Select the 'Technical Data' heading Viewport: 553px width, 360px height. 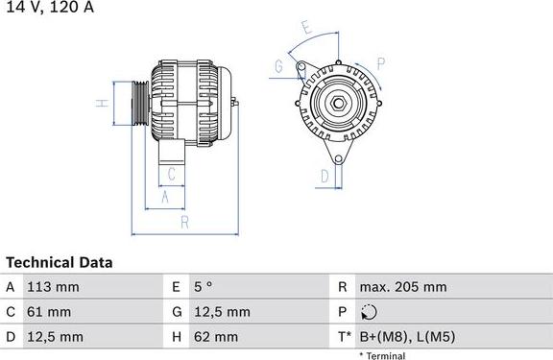tap(60, 262)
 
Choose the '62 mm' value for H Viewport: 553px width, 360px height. tap(219, 337)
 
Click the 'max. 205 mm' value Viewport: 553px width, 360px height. tap(402, 287)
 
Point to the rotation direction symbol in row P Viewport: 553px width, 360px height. tap(370, 312)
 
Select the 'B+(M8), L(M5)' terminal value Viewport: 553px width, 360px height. tap(406, 337)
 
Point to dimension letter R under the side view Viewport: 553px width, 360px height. tap(183, 223)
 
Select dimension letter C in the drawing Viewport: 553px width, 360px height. tap(170, 174)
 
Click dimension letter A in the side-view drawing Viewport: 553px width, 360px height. tap(164, 197)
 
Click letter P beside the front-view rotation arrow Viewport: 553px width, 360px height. tap(380, 64)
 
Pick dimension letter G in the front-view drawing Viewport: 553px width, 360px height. tap(278, 66)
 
